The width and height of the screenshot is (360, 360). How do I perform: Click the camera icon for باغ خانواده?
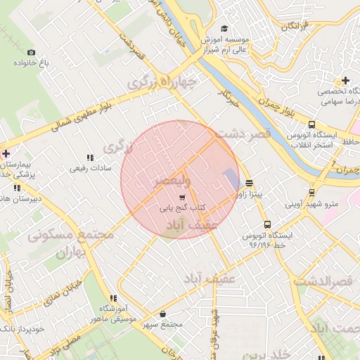pyautogui.click(x=30, y=53)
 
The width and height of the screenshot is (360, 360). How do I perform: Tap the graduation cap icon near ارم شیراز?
pyautogui.click(x=224, y=29)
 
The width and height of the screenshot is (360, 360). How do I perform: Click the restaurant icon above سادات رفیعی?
pyautogui.click(x=89, y=157)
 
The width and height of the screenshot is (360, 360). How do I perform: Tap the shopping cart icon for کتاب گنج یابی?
pyautogui.click(x=182, y=198)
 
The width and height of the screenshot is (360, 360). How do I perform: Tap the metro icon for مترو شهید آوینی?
pyautogui.click(x=312, y=193)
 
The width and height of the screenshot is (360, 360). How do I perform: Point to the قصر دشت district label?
pyautogui.click(x=243, y=134)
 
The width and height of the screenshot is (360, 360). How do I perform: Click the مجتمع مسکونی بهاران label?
pyautogui.click(x=71, y=243)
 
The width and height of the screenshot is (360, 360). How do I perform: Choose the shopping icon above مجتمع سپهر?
pyautogui.click(x=163, y=314)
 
